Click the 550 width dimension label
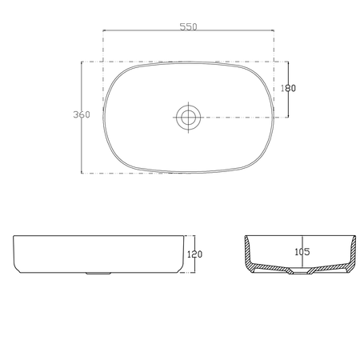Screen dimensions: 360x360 [188, 27]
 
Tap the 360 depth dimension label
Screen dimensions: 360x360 [82, 114]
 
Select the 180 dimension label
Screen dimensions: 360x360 [288, 88]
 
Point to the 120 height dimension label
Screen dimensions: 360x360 [194, 254]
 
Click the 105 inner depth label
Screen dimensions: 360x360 [302, 252]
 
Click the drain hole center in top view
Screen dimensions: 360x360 [188, 117]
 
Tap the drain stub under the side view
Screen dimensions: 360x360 [98, 274]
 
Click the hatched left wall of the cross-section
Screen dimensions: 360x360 [249, 253]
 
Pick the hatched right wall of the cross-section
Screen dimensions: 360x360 [352, 253]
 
